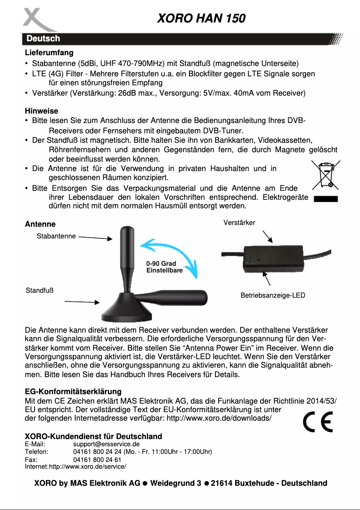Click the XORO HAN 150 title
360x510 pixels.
pyautogui.click(x=201, y=18)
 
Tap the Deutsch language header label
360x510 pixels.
pyautogui.click(x=43, y=39)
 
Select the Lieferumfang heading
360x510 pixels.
pyautogui.click(x=49, y=53)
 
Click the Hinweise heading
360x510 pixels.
pyautogui.click(x=41, y=111)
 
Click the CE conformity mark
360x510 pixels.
pyautogui.click(x=317, y=422)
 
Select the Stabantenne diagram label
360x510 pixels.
pyautogui.click(x=56, y=236)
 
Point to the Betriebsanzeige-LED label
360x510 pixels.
pyautogui.click(x=272, y=295)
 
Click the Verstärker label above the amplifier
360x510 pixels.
pyautogui.click(x=239, y=223)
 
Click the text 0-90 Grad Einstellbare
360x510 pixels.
pyautogui.click(x=164, y=267)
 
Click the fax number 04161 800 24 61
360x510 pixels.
pyautogui.click(x=97, y=460)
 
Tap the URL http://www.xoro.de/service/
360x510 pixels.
pyautogui.click(x=88, y=467)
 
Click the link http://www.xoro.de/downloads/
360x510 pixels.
pyautogui.click(x=219, y=418)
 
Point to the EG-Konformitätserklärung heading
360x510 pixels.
pyautogui.click(x=73, y=392)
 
